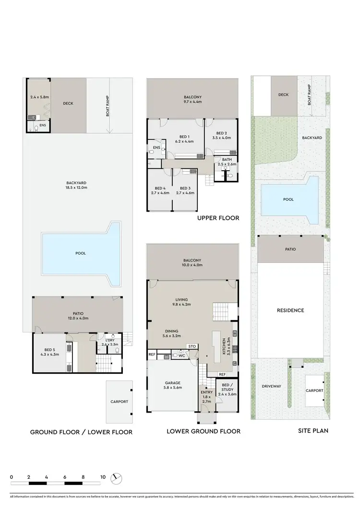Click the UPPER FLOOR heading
click(218, 218)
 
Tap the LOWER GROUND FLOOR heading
click(204, 431)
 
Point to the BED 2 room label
click(221, 133)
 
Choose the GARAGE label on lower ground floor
click(172, 383)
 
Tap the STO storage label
click(192, 346)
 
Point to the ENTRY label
click(207, 392)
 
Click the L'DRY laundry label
click(110, 340)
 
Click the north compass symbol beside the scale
click(116, 478)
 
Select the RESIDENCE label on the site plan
click(290, 310)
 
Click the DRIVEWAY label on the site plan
click(271, 386)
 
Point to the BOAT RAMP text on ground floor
click(108, 107)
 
